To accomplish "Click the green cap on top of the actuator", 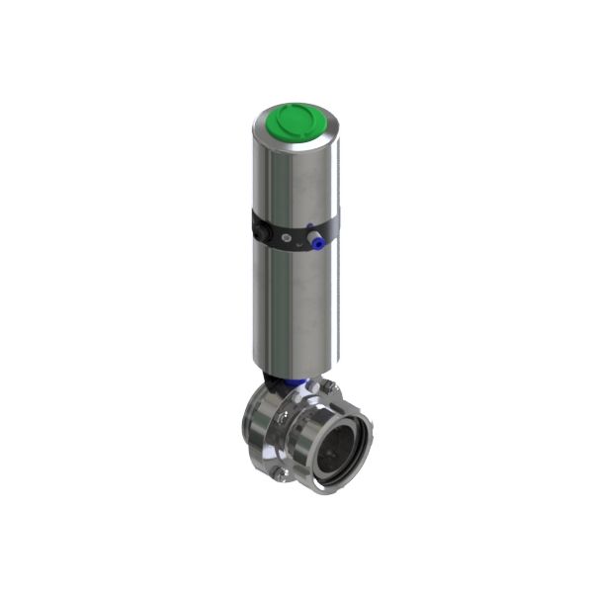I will tap(292, 124).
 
